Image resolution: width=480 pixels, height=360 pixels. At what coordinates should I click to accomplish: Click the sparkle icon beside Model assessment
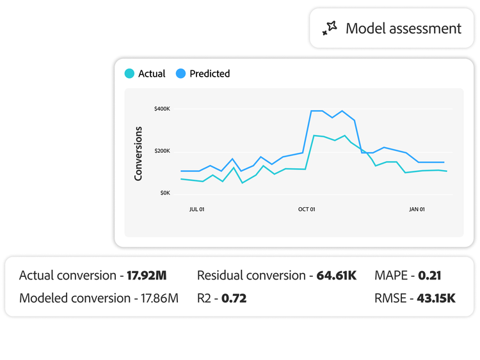point(329,28)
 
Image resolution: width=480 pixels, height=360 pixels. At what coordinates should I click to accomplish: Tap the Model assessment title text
point(403,28)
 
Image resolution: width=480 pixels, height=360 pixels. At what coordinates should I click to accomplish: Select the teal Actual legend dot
point(129,74)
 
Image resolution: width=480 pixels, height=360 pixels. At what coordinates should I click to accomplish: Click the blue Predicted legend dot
point(180,74)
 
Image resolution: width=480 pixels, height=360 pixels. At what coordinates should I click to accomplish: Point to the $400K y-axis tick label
point(162,109)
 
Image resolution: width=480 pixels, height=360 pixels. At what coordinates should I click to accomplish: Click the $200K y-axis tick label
point(162,151)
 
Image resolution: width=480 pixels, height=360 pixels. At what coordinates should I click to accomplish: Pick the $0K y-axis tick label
point(164,192)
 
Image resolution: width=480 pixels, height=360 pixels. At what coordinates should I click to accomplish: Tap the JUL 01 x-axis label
point(196,209)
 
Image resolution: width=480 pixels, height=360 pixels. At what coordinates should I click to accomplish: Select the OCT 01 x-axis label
point(307,209)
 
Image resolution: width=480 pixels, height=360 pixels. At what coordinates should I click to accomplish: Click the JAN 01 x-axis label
point(417,209)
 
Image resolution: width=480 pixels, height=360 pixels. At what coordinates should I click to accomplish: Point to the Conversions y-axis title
point(138,153)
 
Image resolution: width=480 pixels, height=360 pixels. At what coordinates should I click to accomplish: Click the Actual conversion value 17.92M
point(147,276)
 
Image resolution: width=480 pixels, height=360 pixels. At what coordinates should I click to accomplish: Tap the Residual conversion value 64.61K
point(337,276)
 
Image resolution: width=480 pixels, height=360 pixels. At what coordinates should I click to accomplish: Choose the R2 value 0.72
point(234,297)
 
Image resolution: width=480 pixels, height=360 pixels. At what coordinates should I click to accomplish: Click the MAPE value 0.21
point(429,276)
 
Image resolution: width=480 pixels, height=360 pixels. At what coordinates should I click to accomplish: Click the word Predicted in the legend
point(209,74)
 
